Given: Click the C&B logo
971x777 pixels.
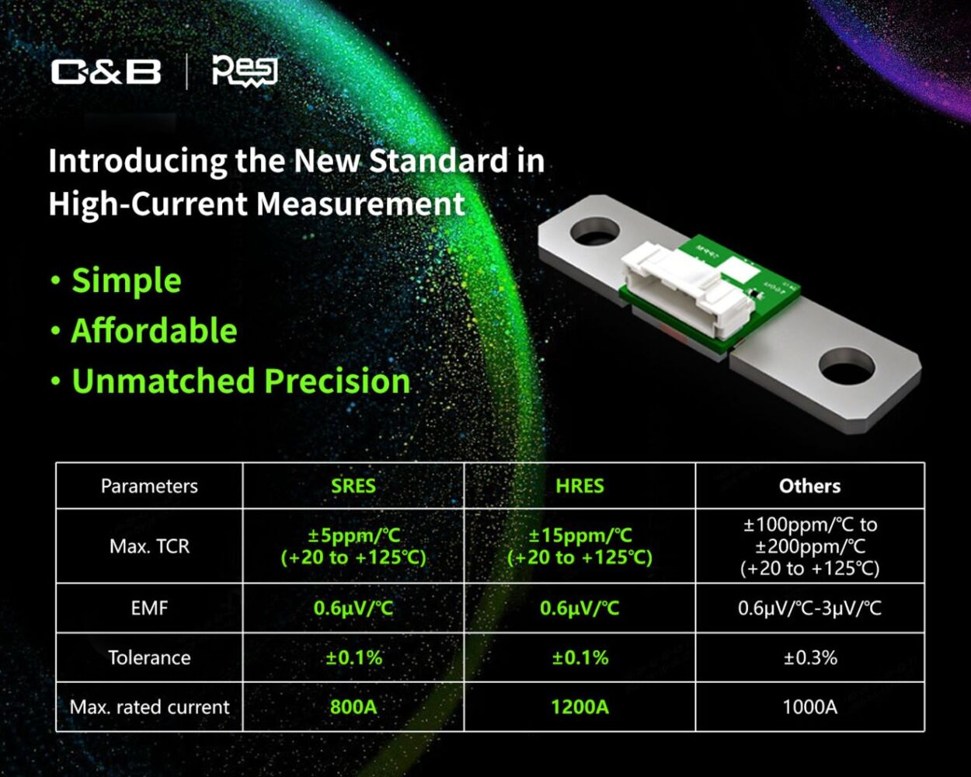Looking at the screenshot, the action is pyautogui.click(x=106, y=71).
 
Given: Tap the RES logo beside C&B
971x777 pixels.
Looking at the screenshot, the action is pyautogui.click(x=245, y=71).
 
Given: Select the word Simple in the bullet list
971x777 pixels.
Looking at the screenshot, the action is pyautogui.click(x=127, y=280).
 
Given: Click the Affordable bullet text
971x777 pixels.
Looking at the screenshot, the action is pyautogui.click(x=155, y=330).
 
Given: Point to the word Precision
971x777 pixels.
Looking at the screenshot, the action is pyautogui.click(x=337, y=381).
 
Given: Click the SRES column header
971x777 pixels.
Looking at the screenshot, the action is pyautogui.click(x=353, y=486).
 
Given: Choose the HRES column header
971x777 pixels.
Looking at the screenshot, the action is pyautogui.click(x=579, y=486).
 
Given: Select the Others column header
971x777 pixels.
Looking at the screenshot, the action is pyautogui.click(x=810, y=486).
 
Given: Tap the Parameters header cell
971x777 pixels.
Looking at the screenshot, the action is pyautogui.click(x=149, y=486).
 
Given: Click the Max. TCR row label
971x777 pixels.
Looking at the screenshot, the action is pyautogui.click(x=149, y=546).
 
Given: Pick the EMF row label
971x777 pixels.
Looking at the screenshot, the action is pyautogui.click(x=149, y=608).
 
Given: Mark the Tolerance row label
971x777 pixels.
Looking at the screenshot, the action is pyautogui.click(x=149, y=658).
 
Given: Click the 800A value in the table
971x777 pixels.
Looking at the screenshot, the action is pyautogui.click(x=353, y=707).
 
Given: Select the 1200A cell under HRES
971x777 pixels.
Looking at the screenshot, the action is pyautogui.click(x=580, y=707).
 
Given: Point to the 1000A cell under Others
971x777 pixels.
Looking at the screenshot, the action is pyautogui.click(x=810, y=707).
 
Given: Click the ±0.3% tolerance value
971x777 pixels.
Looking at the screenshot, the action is pyautogui.click(x=810, y=658).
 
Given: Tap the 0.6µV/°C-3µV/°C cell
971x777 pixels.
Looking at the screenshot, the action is pyautogui.click(x=809, y=608).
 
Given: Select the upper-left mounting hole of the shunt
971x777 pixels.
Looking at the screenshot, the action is pyautogui.click(x=595, y=231).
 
